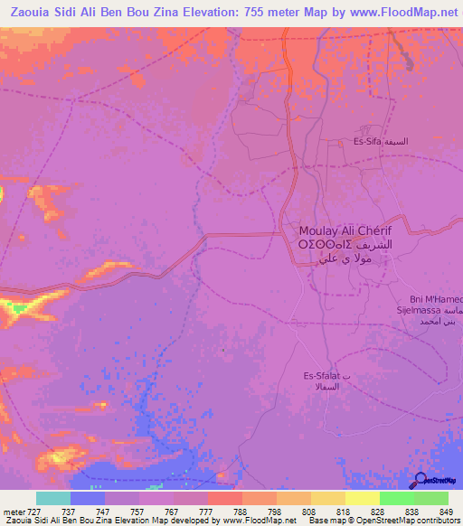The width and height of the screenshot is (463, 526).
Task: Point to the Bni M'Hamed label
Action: (436, 299)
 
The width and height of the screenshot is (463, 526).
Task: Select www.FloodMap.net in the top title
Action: (396, 12)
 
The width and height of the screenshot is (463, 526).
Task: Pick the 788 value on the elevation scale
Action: (241, 511)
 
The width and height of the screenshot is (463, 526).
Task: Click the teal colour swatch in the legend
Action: (53, 498)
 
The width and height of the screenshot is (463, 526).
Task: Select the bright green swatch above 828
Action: (396, 498)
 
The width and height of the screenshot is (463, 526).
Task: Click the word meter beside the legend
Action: (14, 511)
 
